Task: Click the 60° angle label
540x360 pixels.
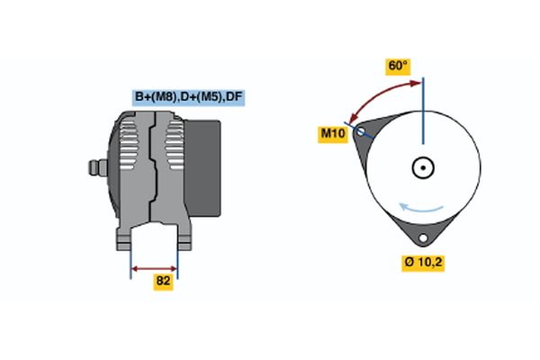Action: pyautogui.click(x=398, y=67)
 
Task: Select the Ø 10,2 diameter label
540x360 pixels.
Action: pyautogui.click(x=422, y=262)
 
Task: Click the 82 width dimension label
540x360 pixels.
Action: pyautogui.click(x=163, y=281)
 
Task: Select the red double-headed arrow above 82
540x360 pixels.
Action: pyautogui.click(x=155, y=268)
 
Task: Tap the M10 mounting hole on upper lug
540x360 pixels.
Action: pyautogui.click(x=362, y=132)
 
